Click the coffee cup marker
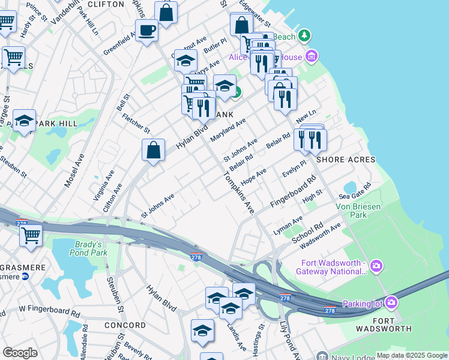146,30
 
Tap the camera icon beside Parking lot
391,302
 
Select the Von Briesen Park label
358,209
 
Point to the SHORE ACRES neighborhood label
346,160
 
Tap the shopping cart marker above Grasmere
31,235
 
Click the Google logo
20,353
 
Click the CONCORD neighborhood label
125,325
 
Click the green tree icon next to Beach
306,37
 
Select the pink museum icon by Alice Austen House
311,57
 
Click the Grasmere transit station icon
25,277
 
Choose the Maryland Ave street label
228,130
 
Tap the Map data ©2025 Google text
412,355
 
